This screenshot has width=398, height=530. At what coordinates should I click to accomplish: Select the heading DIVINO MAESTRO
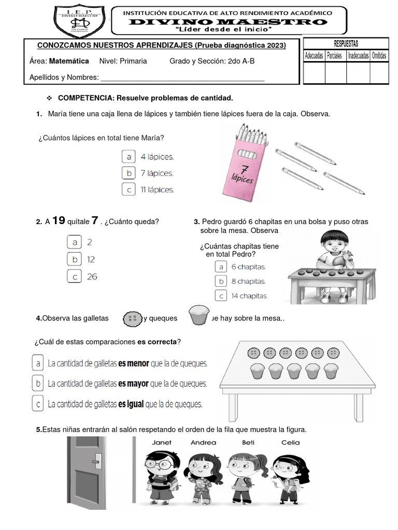[228, 22]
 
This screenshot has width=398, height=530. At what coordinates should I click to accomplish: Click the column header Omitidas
[379, 56]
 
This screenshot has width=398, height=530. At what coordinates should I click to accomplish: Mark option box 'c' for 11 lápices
[129, 190]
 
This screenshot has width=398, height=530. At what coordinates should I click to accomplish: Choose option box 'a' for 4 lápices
[129, 156]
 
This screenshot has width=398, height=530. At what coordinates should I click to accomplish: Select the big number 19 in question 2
[59, 221]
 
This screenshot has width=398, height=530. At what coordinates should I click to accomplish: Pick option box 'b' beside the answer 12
[75, 259]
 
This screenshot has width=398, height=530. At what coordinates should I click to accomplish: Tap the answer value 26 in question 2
[92, 277]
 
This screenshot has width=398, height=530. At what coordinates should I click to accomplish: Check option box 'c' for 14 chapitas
[221, 296]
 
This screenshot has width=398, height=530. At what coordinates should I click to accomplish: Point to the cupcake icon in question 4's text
[199, 315]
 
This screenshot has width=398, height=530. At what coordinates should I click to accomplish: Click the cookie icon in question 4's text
[133, 319]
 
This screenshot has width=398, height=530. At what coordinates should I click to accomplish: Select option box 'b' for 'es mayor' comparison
[38, 384]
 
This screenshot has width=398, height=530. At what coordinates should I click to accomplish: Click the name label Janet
[162, 443]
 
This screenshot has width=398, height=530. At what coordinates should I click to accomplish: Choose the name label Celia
[290, 443]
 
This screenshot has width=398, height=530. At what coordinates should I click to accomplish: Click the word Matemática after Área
[69, 61]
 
